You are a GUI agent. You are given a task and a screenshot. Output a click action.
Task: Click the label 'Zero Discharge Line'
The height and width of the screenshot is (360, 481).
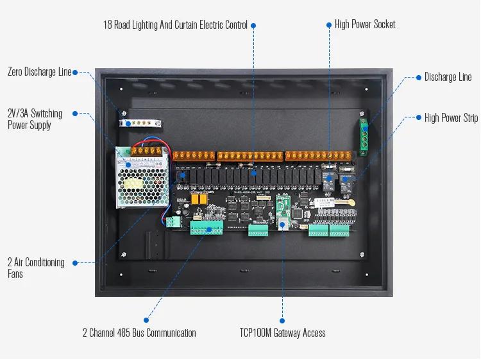[x=39, y=72]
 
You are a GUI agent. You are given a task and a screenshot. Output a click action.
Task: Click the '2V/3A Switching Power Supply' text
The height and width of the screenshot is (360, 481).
[x=35, y=119]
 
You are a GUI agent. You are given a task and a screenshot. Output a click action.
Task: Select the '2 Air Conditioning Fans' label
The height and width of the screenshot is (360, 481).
[x=36, y=268]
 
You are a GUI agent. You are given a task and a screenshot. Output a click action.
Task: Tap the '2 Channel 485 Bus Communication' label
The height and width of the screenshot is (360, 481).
[x=139, y=332]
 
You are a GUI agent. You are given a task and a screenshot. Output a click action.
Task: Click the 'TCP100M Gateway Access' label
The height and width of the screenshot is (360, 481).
[x=282, y=332]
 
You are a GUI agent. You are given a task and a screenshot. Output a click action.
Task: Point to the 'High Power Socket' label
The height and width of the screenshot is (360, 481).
[x=365, y=24]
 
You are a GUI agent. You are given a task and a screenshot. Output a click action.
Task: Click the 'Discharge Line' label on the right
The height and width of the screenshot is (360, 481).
[x=448, y=77]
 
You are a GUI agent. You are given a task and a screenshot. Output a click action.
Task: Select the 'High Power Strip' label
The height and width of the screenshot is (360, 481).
[x=451, y=118]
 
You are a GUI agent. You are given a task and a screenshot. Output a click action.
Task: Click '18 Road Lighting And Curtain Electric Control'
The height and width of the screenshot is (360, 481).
[x=175, y=25]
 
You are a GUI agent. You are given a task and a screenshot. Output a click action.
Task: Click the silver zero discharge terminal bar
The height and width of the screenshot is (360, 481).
[x=140, y=123]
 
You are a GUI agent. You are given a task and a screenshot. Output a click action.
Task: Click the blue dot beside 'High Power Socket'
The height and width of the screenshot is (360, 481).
[x=329, y=25]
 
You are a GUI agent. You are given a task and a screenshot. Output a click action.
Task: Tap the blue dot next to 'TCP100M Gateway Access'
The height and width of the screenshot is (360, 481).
[x=281, y=320]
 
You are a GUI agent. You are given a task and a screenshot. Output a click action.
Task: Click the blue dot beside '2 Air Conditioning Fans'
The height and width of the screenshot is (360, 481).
[x=75, y=262]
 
